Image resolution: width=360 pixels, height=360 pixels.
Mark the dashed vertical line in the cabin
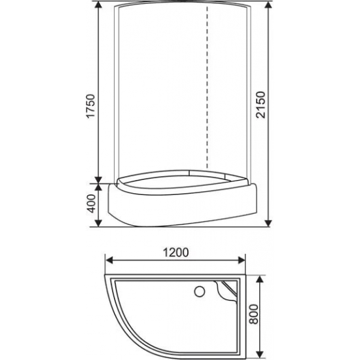[207, 92]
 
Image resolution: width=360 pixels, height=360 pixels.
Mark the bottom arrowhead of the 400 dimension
[99, 224]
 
